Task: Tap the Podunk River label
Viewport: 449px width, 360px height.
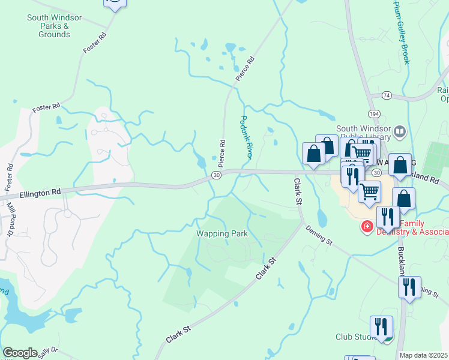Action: (246, 137)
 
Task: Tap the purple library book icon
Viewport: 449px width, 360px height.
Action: (400, 131)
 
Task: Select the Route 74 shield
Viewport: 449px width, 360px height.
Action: (386, 95)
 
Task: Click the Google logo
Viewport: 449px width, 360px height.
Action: (20, 353)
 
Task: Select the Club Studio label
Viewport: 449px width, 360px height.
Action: (354, 337)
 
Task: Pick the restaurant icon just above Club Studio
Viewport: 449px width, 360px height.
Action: (381, 327)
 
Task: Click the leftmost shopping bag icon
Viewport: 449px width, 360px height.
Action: (314, 153)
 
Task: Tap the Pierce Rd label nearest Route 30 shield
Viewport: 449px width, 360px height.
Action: (222, 152)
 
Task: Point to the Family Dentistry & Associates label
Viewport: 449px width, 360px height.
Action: (411, 227)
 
